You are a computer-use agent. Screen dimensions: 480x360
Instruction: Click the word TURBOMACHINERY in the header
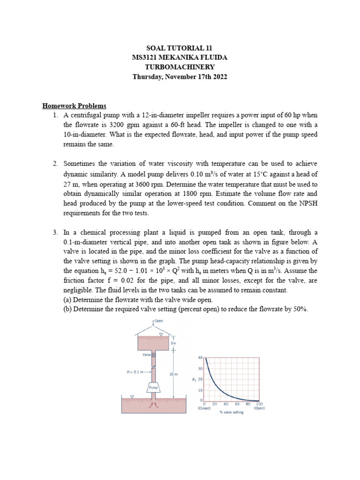pyautogui.click(x=180, y=67)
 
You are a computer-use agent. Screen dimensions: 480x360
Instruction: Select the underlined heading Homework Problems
pyautogui.click(x=75, y=105)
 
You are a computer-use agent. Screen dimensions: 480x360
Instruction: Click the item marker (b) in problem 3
pyautogui.click(x=68, y=309)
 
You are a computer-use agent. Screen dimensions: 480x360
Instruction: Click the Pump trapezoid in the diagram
pyautogui.click(x=153, y=388)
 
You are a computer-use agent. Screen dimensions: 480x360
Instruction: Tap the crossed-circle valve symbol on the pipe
pyautogui.click(x=153, y=355)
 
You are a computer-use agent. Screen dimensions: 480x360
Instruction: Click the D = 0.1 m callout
pyautogui.click(x=135, y=372)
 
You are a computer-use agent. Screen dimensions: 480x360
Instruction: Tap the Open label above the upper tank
pyautogui.click(x=159, y=322)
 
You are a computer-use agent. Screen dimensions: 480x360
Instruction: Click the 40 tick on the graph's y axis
pyautogui.click(x=200, y=358)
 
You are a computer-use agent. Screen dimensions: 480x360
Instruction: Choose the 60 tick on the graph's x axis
pyautogui.click(x=237, y=404)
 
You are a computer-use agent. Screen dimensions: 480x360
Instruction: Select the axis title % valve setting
pyautogui.click(x=232, y=412)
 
